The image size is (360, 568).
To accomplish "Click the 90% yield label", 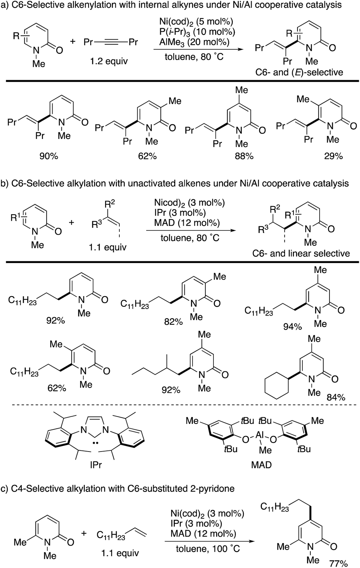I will (x=49, y=156).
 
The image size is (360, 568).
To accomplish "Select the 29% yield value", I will (x=333, y=156).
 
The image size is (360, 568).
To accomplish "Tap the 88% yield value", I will (x=244, y=156).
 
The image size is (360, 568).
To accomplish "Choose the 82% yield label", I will (x=173, y=321).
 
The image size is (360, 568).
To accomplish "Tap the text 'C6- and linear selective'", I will (x=301, y=253).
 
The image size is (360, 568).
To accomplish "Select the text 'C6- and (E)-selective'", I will (x=299, y=72).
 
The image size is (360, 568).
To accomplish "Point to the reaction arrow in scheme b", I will (x=191, y=230).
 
